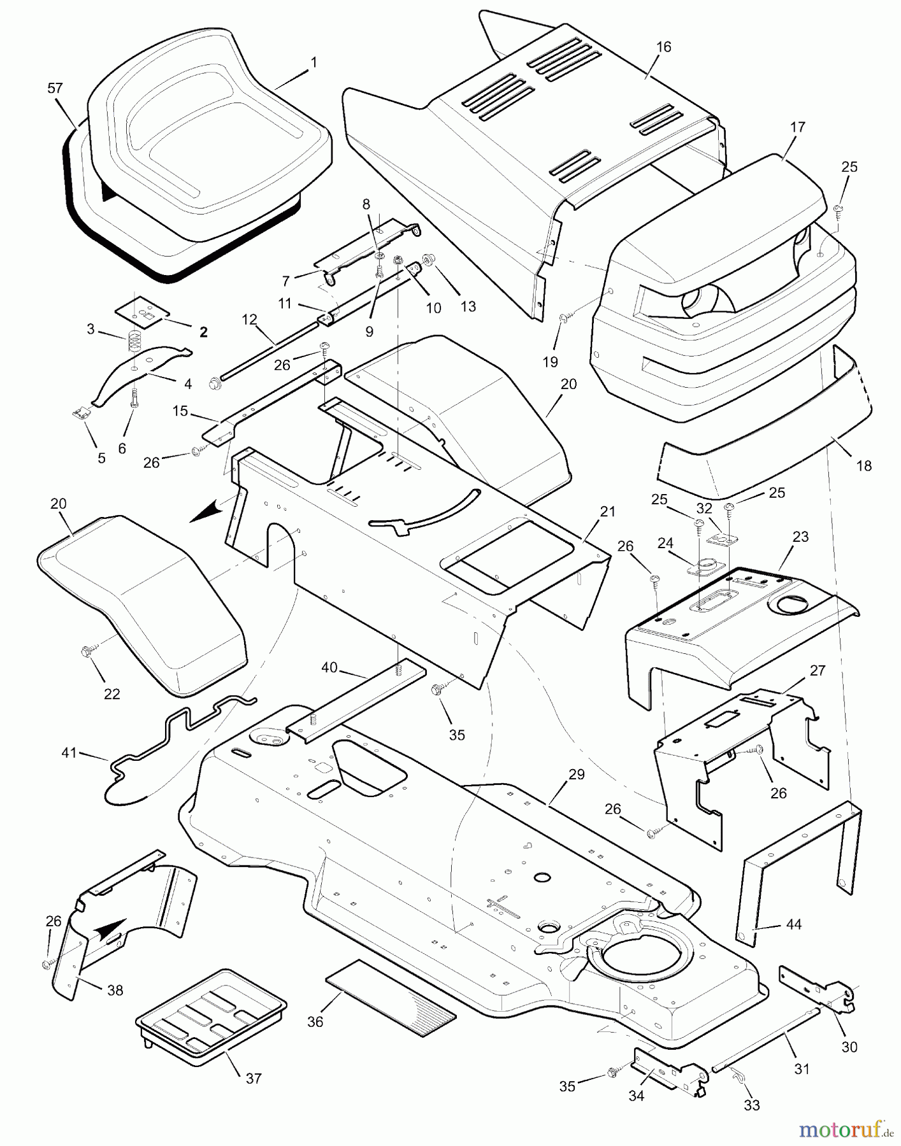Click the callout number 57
(55, 88)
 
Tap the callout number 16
(663, 47)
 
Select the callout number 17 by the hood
(797, 127)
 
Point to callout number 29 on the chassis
(576, 775)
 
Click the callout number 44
(793, 924)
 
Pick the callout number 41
(69, 753)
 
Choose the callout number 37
(254, 1078)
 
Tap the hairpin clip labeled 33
(735, 1075)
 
